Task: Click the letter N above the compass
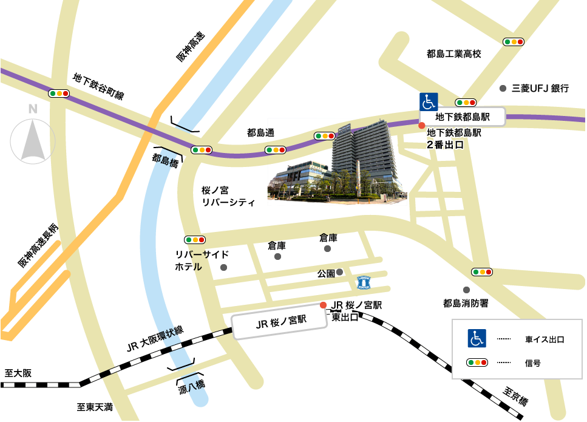(33, 109)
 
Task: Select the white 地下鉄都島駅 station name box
(463, 117)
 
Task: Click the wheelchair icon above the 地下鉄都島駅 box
(429, 101)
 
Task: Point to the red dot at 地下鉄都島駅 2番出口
(422, 125)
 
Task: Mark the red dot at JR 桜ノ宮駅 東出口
(323, 305)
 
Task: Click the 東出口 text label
(345, 317)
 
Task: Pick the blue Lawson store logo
(364, 282)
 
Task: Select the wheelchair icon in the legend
(477, 338)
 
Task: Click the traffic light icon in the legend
(477, 362)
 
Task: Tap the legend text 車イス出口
(545, 339)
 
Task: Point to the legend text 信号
(532, 363)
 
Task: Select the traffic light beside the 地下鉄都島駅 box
(465, 103)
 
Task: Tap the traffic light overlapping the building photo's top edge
(325, 135)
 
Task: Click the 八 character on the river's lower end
(192, 385)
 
